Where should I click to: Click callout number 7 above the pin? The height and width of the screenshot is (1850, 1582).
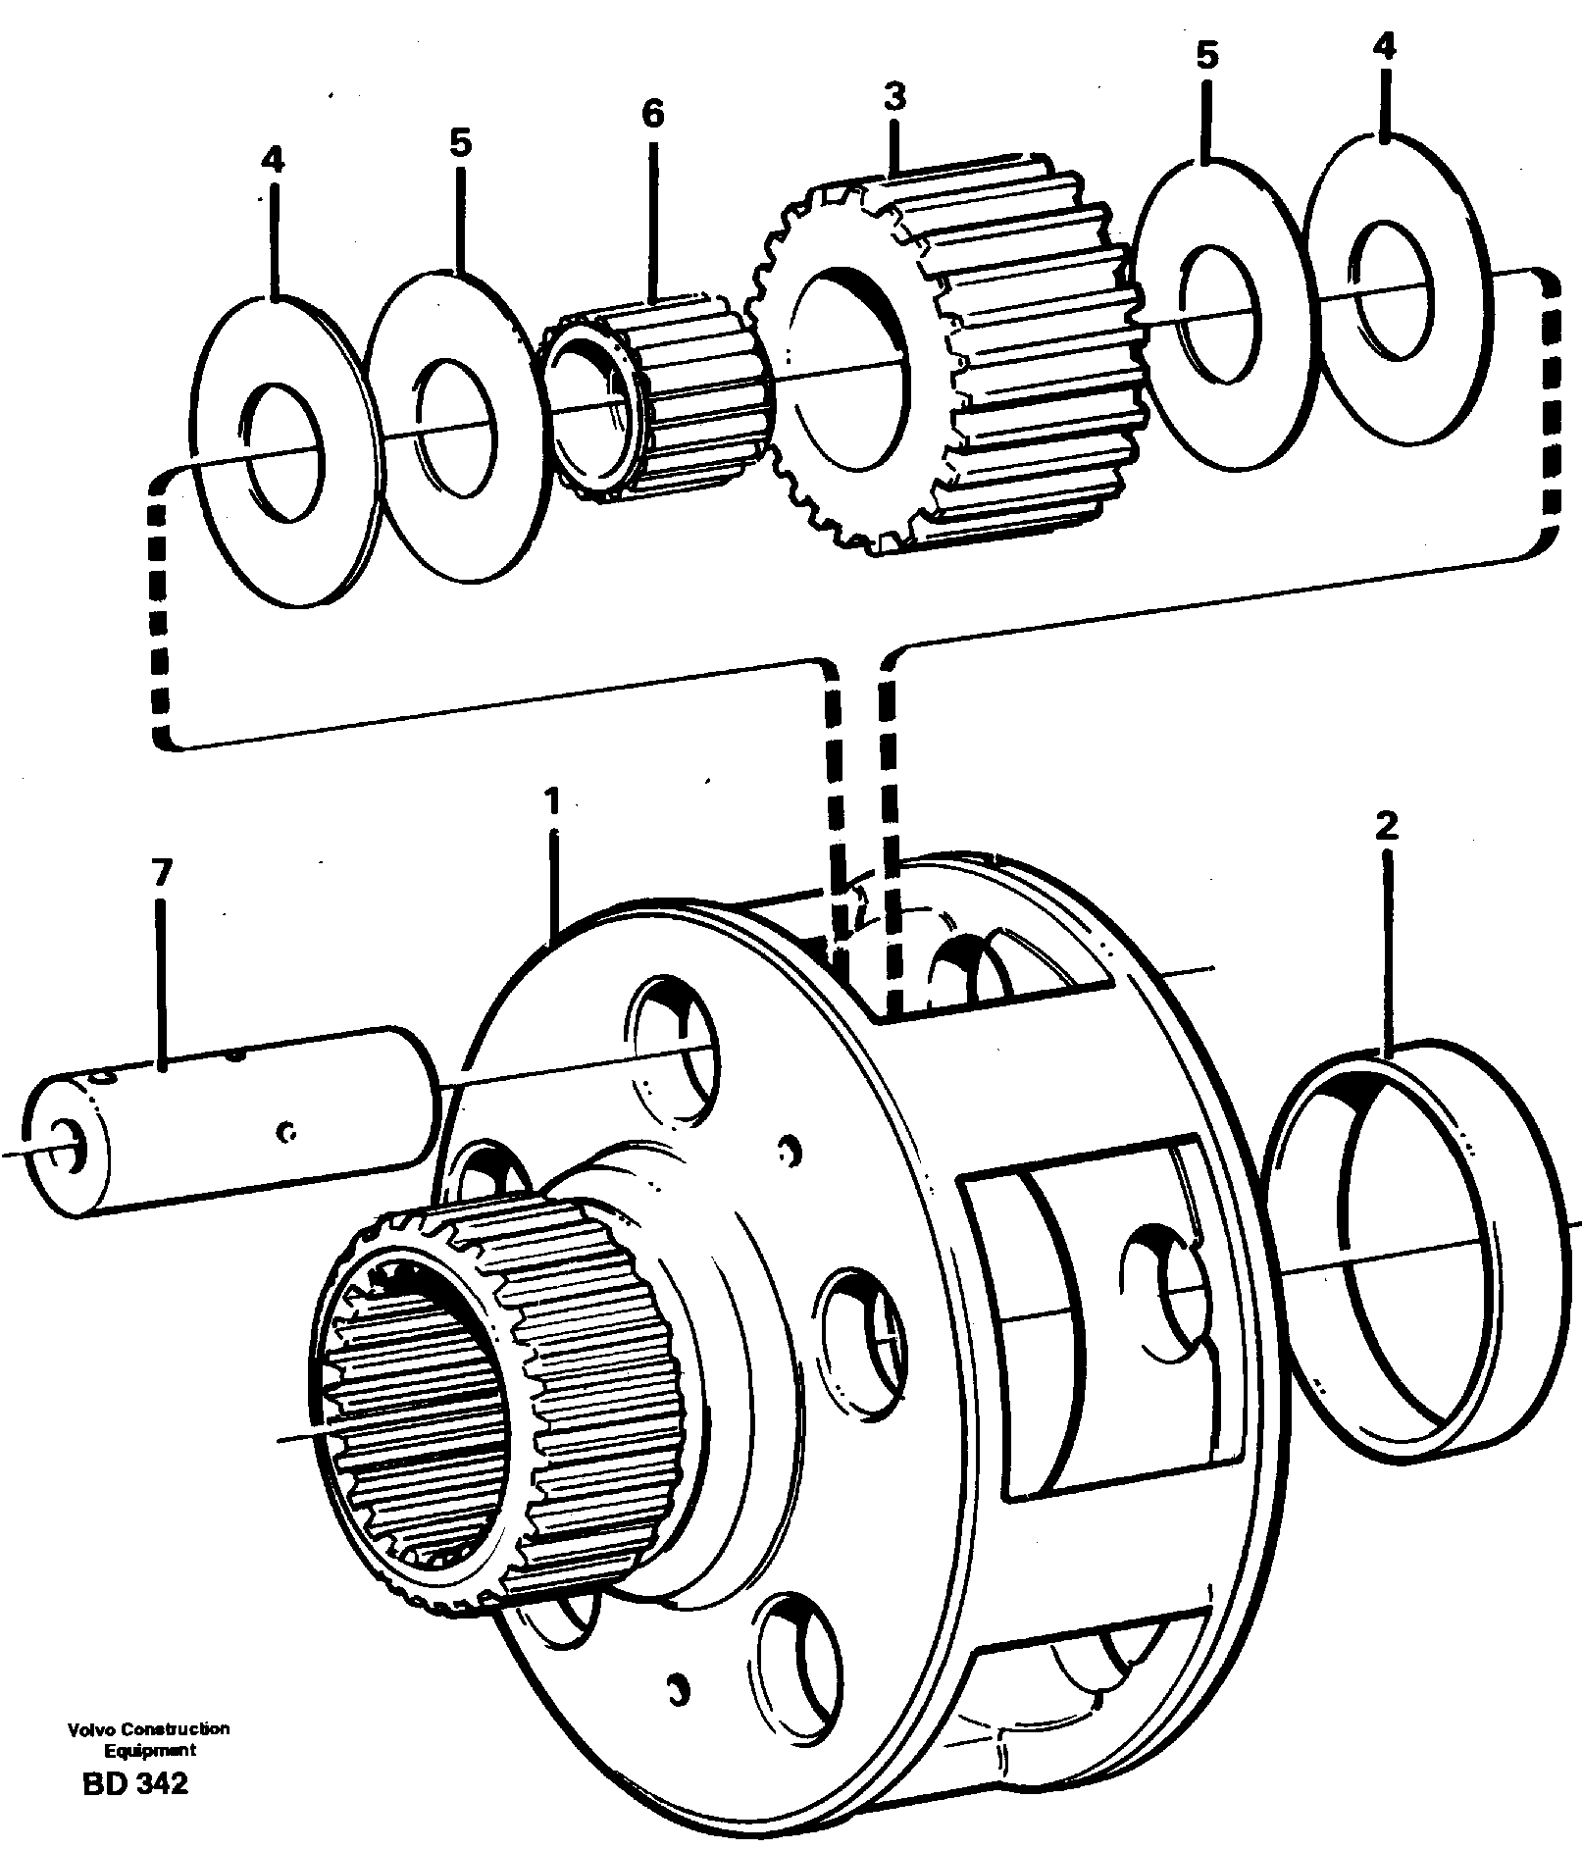coord(162,871)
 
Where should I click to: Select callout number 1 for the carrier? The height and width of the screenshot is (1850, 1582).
coord(553,802)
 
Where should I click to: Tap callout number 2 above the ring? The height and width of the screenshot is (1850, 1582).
coord(1385,826)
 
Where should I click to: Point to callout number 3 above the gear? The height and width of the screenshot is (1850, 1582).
coord(893,98)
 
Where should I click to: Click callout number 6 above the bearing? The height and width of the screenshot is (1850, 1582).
coord(653,115)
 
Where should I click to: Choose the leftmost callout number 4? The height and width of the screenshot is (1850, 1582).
coord(273,160)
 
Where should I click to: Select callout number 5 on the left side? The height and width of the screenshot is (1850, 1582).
coord(460,143)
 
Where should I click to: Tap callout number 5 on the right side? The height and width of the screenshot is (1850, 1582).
coord(1206,56)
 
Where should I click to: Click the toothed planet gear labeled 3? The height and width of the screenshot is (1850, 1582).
coord(942,353)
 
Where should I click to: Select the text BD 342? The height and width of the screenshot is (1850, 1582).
coord(135,1783)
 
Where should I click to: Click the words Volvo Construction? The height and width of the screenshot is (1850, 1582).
coord(149,1728)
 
